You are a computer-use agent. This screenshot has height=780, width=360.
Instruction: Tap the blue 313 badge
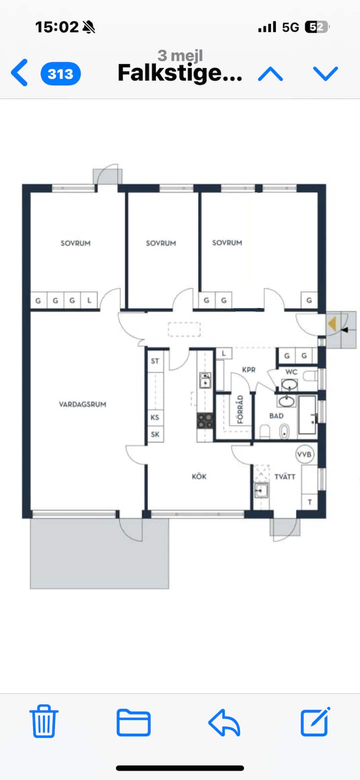tap(60, 74)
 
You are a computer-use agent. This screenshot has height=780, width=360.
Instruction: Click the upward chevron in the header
tap(270, 74)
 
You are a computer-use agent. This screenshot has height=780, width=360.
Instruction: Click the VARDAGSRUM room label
tap(82, 404)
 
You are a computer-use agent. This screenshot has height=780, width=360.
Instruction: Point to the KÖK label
tap(199, 476)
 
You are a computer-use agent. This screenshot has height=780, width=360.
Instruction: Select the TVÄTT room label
tap(284, 476)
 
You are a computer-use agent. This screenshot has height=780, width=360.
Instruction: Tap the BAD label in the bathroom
tap(276, 416)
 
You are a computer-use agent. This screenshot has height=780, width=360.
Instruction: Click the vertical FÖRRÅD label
tap(240, 410)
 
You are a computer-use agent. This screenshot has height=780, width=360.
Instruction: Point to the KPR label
tap(248, 370)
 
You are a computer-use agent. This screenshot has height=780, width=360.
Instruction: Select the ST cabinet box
tap(155, 361)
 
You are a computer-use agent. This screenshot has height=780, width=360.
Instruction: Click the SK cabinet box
tap(155, 434)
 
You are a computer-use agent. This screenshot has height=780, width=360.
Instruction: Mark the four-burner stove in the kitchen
tap(204, 420)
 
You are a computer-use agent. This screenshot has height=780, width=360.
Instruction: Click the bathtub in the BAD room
tap(307, 415)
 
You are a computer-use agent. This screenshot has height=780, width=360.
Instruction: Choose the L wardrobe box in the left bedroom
tap(89, 301)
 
